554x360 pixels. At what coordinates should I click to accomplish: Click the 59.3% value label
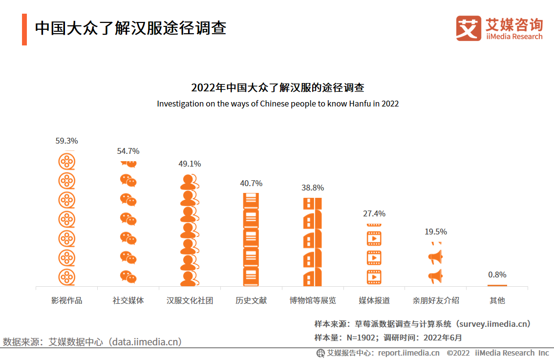(66, 141)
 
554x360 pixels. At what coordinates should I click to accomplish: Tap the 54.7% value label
(128, 151)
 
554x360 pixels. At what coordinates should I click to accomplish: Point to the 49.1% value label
(190, 164)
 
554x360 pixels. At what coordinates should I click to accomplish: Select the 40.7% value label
(251, 183)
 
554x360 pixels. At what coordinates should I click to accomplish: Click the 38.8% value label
(313, 188)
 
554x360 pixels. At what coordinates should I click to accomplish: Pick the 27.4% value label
(374, 213)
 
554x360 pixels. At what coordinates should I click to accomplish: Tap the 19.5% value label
(436, 232)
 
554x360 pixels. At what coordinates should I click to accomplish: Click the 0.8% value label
(497, 275)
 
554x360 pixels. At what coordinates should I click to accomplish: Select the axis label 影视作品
(67, 300)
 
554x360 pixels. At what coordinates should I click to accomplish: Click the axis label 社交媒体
(128, 300)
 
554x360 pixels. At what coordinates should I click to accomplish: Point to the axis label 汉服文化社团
(190, 300)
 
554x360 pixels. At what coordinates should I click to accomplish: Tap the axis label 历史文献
(251, 300)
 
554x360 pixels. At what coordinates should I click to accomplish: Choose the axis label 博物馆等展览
(313, 300)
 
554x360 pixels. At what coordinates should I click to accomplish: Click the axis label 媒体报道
(374, 300)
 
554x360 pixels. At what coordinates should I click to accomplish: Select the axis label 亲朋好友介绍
(436, 300)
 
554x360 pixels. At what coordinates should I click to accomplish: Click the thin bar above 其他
(497, 285)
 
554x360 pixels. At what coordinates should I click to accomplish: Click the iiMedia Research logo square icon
(469, 28)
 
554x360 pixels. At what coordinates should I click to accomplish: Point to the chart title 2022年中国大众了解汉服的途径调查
(277, 88)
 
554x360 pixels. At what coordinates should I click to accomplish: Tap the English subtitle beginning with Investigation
(277, 104)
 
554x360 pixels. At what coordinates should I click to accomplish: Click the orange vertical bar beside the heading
(24, 29)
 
